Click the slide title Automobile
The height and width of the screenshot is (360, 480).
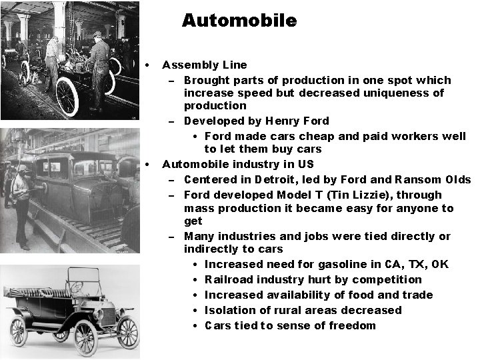[x=239, y=21]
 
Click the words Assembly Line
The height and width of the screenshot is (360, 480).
[x=204, y=65]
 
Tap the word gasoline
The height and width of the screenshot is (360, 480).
[x=327, y=264]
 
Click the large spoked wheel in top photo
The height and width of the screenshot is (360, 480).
[x=67, y=96]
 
